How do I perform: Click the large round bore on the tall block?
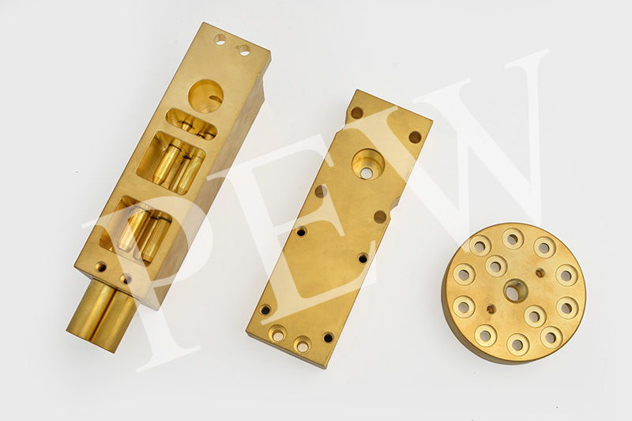pos(205,96)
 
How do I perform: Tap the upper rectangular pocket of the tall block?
pos(171,164)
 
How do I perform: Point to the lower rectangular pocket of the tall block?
pos(135,231)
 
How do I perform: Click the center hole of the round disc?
pos(516,291)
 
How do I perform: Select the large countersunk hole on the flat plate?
pos(367,164)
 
